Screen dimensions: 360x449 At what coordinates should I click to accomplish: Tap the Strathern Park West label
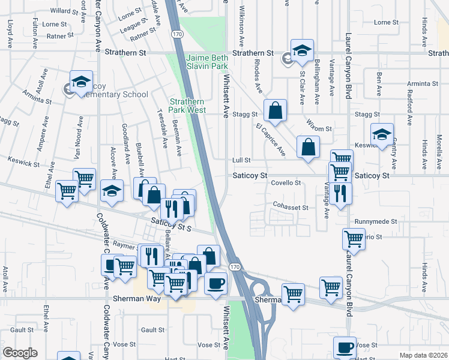pos(188,106)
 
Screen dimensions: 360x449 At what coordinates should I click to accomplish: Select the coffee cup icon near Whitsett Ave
pos(216,283)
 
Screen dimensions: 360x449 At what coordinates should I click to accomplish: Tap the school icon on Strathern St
pos(303,50)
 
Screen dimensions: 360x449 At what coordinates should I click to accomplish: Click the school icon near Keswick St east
pos(382,135)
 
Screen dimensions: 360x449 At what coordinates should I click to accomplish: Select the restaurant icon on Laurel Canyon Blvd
pos(340,194)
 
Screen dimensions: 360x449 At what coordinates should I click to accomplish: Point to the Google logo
pos(20,353)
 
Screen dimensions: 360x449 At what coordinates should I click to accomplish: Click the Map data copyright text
pos(423,355)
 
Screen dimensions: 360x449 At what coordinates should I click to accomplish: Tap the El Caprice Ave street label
pos(270,140)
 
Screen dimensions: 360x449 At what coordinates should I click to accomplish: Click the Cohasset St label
pos(290,208)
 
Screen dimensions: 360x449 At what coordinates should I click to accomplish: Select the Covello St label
pos(285,182)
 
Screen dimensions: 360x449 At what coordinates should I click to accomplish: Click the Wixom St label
pos(319,128)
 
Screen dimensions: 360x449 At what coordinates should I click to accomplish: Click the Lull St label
pos(241,160)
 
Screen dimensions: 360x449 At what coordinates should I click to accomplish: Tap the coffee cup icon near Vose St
pos(345,346)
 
